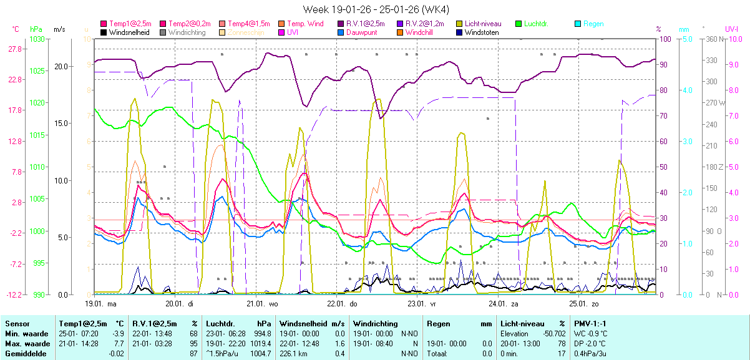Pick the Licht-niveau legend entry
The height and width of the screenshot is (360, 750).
482,24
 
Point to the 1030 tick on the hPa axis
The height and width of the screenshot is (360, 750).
37,39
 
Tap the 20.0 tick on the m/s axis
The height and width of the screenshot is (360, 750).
61,66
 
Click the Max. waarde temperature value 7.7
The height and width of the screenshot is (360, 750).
118,344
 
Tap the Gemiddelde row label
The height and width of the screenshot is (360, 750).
24,354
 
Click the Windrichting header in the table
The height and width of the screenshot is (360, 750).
375,324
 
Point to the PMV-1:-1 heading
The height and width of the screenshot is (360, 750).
590,324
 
